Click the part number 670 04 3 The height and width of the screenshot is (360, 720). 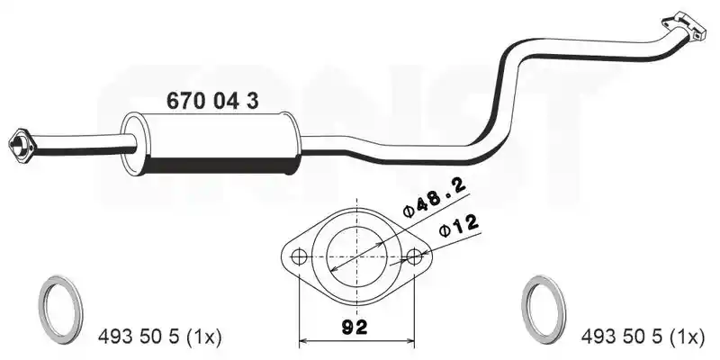[212, 101]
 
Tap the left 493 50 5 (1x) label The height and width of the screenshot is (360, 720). [160, 337]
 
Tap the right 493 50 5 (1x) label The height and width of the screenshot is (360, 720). [643, 337]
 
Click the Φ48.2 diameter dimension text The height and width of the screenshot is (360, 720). [434, 196]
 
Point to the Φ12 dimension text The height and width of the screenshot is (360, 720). [459, 226]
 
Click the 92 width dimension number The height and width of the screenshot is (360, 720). [355, 327]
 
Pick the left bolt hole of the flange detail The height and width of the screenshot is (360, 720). [299, 256]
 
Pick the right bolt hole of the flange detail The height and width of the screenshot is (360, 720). [414, 256]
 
